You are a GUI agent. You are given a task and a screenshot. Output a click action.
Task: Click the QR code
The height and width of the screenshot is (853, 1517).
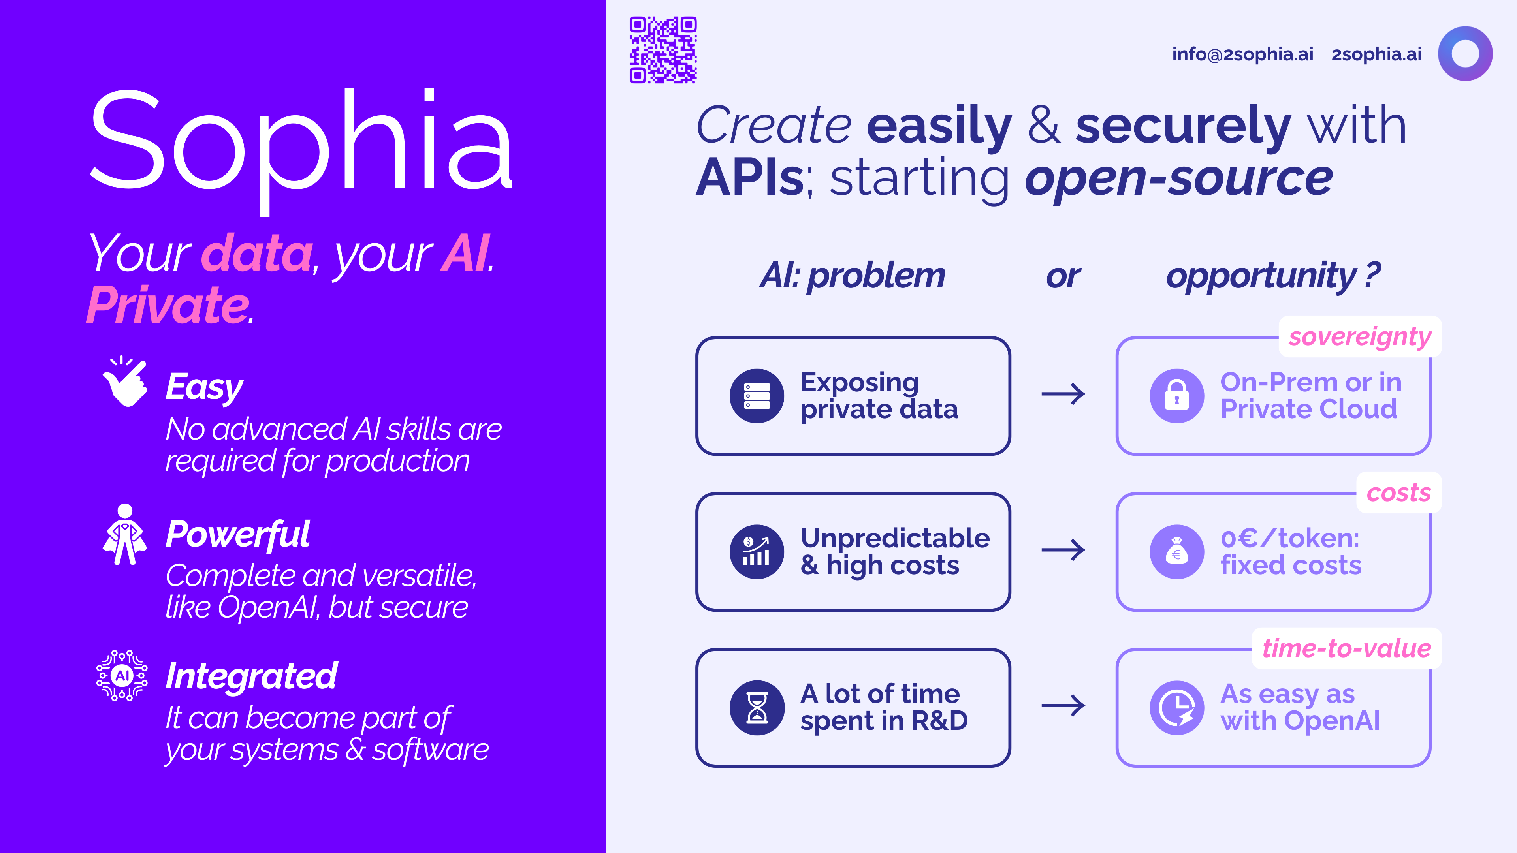[x=663, y=50]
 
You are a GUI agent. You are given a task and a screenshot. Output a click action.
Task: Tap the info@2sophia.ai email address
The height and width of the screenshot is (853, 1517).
[x=1242, y=54]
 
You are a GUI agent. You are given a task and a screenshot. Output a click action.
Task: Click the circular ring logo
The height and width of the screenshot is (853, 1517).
[x=1465, y=54]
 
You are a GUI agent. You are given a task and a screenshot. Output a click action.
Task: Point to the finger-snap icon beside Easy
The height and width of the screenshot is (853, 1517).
[x=125, y=381]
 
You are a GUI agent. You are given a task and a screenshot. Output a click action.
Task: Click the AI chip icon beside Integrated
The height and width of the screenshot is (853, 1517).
[x=122, y=675]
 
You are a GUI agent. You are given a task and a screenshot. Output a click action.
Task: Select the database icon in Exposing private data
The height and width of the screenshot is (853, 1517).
[x=757, y=396]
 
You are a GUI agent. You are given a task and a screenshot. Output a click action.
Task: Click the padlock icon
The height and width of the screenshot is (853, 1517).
[x=1176, y=396]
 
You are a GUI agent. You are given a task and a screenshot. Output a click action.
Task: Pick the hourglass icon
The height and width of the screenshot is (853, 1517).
[x=757, y=708]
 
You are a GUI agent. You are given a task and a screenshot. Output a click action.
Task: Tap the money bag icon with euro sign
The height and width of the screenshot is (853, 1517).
[x=1176, y=552]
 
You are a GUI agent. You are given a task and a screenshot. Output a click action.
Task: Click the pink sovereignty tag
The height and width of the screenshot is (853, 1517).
[x=1360, y=337]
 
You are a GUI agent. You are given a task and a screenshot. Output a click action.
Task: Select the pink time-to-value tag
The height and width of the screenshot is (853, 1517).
[x=1346, y=648]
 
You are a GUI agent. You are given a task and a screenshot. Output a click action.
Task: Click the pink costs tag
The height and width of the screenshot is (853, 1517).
[x=1398, y=492]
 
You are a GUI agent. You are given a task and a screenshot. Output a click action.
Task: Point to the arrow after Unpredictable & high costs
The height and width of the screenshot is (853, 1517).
[x=1063, y=550]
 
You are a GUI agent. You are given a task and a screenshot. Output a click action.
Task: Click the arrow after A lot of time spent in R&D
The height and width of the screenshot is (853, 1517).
[x=1063, y=705]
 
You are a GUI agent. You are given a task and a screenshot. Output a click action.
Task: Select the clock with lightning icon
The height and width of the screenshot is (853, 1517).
[x=1176, y=708]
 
